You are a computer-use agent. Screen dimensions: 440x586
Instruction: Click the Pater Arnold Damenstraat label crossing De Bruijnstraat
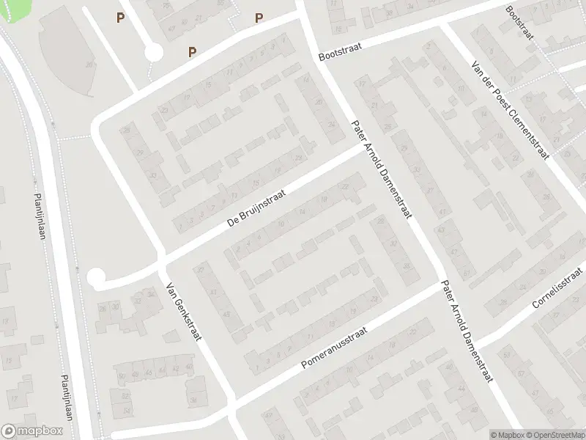(382, 171)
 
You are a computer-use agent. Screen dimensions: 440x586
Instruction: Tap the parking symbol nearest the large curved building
(119, 18)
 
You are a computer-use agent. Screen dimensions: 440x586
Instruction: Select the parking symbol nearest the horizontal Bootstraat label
(259, 18)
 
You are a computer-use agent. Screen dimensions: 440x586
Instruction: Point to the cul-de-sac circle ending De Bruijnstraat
(96, 278)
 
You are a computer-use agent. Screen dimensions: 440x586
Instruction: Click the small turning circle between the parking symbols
(153, 52)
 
